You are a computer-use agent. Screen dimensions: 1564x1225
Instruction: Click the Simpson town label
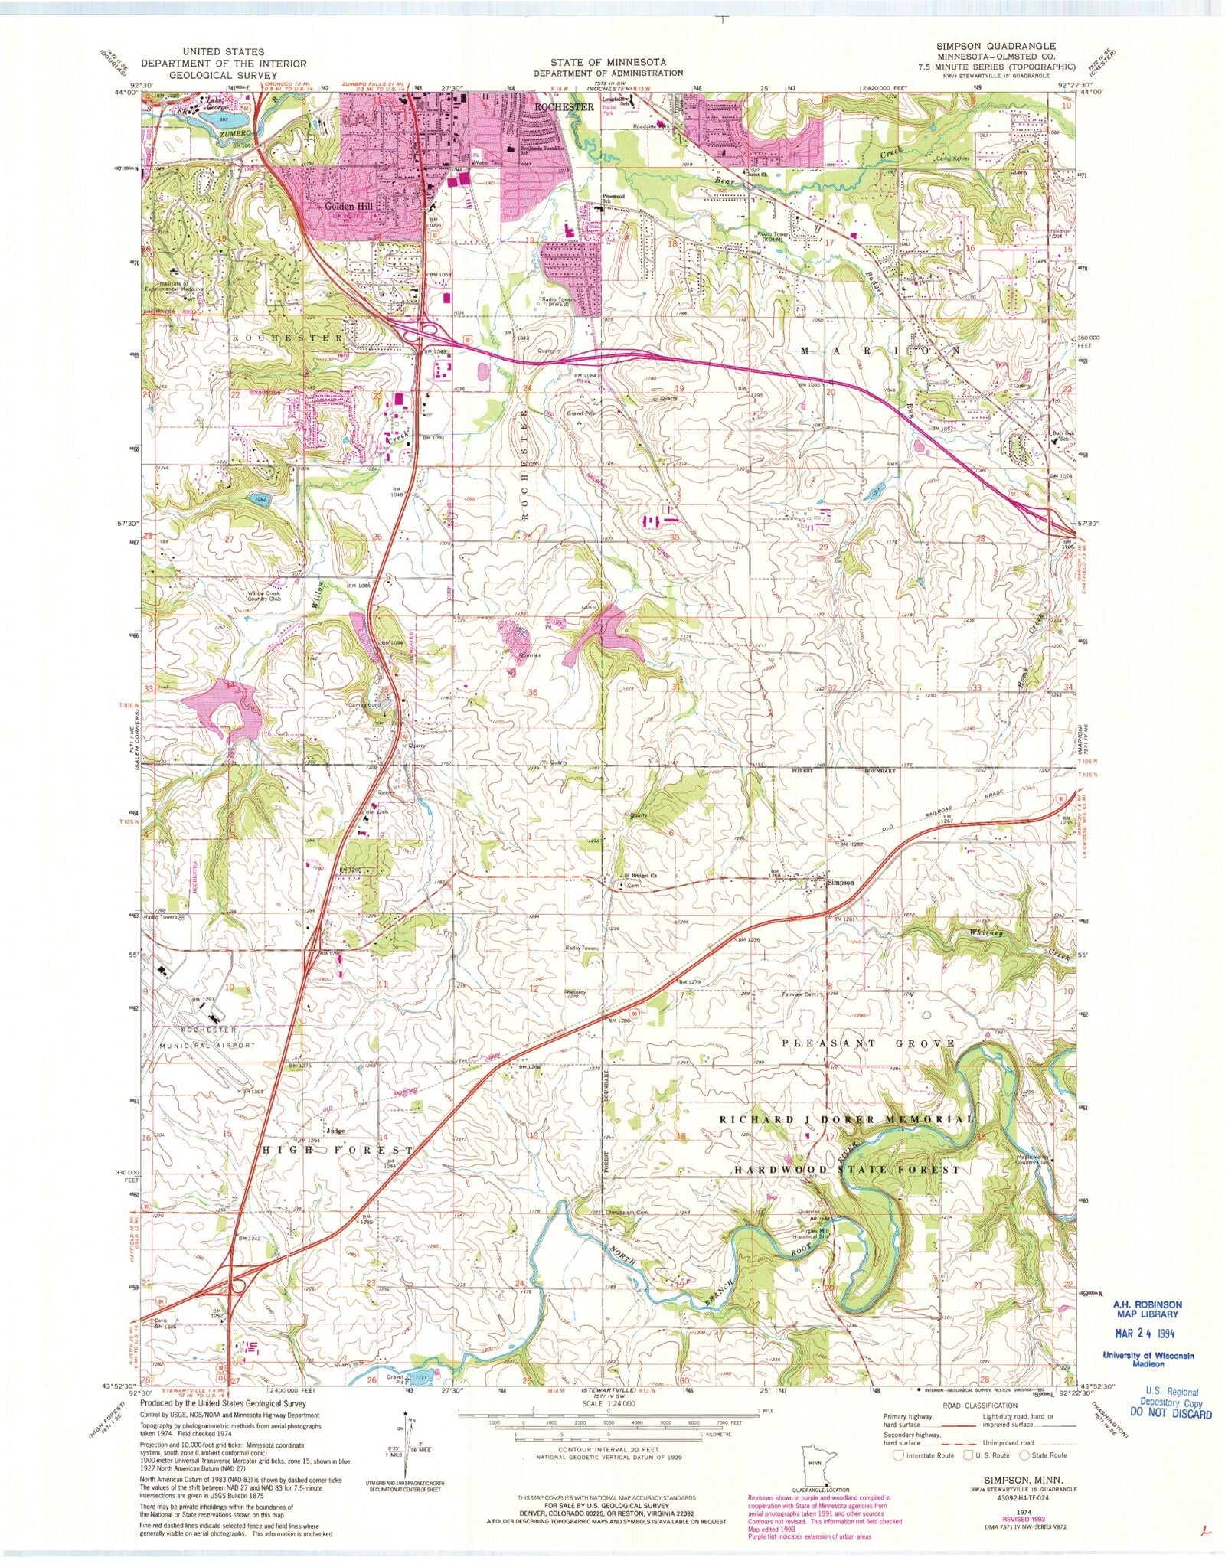[840, 883]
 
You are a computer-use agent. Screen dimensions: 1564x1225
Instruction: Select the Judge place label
[335, 1131]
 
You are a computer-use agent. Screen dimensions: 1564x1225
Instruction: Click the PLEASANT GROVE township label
[868, 1043]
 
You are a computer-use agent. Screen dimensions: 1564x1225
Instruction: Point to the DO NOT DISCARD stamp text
[1174, 1413]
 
